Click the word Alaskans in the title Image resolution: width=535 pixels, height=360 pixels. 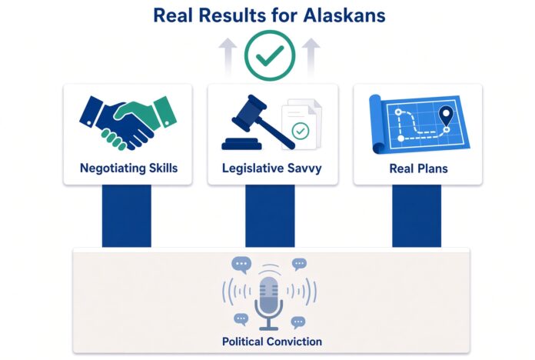click(x=344, y=15)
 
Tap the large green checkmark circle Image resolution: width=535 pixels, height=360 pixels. click(x=270, y=55)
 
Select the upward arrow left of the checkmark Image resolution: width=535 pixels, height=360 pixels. click(x=228, y=56)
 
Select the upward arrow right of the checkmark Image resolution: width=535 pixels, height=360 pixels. click(x=311, y=56)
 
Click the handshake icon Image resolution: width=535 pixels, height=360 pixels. click(x=128, y=123)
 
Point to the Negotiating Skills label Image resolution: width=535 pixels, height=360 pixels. click(x=128, y=168)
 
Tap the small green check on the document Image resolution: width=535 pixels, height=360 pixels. click(x=301, y=131)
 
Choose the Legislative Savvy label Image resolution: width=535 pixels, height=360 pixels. click(x=271, y=168)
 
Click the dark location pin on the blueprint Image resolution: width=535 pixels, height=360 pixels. click(x=446, y=116)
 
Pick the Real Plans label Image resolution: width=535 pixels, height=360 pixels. click(x=418, y=168)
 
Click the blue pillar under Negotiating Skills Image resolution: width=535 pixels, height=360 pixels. click(x=127, y=216)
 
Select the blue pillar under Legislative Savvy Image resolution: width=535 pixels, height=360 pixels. click(x=270, y=216)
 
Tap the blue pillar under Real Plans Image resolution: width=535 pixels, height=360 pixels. click(x=417, y=216)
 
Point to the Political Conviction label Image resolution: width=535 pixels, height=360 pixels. click(x=272, y=342)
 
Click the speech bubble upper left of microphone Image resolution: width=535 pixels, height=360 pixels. click(x=241, y=265)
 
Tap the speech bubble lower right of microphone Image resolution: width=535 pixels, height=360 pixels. click(x=298, y=322)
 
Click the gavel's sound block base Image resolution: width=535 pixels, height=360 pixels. click(x=241, y=143)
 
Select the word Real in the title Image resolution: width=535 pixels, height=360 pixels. click(x=174, y=15)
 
